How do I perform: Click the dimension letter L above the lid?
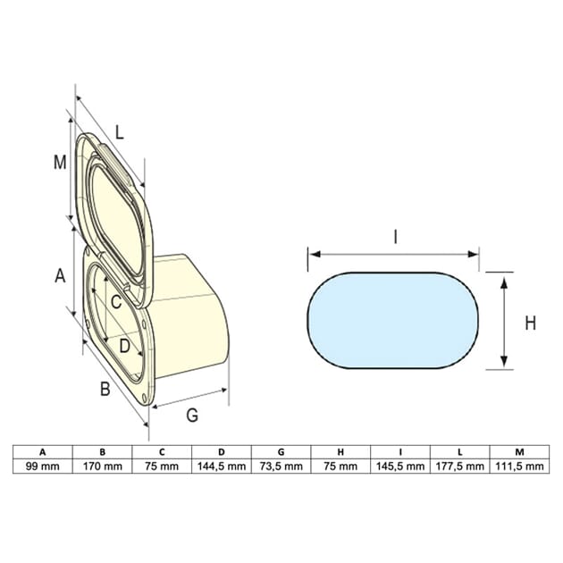119,131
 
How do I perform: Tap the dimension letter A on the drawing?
60,276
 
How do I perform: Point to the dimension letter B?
104,390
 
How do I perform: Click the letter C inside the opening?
116,301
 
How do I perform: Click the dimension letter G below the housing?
192,416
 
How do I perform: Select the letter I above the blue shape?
394,237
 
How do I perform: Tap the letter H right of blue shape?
530,323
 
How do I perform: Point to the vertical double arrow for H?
504,322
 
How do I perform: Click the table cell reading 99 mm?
42,466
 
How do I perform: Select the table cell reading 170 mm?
102,466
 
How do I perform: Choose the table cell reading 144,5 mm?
222,466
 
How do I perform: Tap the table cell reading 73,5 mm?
281,466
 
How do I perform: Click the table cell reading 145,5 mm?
401,466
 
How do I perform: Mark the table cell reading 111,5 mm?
520,466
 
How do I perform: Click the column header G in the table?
281,451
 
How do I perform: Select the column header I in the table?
401,451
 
